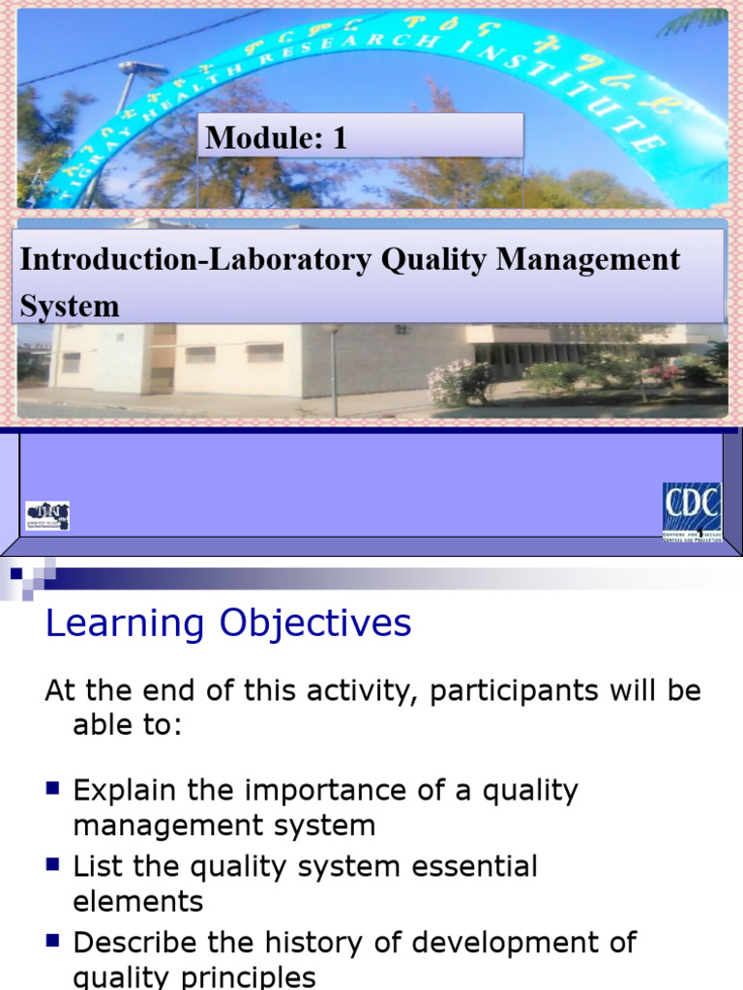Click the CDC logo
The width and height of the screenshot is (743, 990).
point(692,512)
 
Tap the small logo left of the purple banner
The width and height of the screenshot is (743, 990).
point(46,515)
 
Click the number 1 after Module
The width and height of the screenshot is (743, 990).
point(339,138)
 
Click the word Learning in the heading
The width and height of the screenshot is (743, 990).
point(126,625)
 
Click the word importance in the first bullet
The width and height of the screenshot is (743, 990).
point(314,791)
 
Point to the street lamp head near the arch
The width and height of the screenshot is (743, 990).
point(142,68)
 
